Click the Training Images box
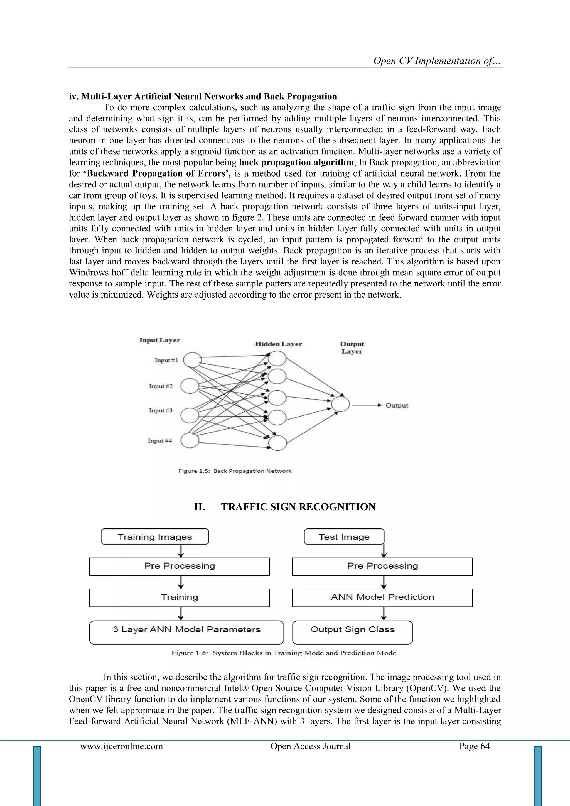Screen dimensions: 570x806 [154, 537]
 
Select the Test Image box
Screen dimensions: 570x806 [344, 537]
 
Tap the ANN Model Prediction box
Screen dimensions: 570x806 [382, 597]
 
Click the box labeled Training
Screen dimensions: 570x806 [179, 597]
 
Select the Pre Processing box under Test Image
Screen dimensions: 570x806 [382, 566]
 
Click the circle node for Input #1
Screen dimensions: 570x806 [192, 360]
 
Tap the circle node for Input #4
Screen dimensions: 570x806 [190, 440]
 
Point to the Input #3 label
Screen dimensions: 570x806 [160, 410]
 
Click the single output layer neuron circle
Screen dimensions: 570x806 [340, 404]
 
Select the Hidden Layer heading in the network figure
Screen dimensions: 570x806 [278, 344]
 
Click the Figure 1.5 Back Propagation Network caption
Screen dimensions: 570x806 [235, 471]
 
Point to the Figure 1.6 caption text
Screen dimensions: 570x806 [284, 653]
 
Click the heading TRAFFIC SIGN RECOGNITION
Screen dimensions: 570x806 [298, 507]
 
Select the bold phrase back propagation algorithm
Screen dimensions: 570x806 [296, 163]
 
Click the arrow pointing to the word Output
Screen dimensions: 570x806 [367, 405]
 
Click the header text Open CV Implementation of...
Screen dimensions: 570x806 [437, 61]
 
